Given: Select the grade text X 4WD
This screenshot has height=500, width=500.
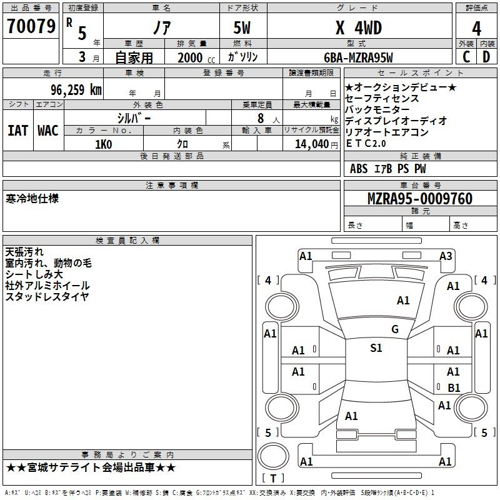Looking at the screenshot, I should click(x=358, y=28).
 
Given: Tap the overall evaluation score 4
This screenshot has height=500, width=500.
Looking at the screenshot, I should click(x=476, y=29).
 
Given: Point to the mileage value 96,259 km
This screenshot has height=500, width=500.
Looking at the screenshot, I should click(x=76, y=89).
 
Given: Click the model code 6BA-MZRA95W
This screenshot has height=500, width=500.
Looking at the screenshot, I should click(x=358, y=57).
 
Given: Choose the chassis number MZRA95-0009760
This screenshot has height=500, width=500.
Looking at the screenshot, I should click(x=419, y=199).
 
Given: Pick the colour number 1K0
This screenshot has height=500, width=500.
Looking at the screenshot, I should click(x=103, y=144).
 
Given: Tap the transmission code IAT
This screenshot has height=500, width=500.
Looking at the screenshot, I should click(x=17, y=131).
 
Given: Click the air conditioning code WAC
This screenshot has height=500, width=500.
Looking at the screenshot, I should click(x=48, y=131).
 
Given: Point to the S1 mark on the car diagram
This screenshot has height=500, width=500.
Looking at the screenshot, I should click(x=376, y=348).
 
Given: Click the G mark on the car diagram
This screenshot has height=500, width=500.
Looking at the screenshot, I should click(x=395, y=329).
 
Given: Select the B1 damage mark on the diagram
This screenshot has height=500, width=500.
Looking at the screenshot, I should click(x=454, y=387).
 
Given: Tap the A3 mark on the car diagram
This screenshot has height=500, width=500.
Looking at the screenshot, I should click(x=446, y=256).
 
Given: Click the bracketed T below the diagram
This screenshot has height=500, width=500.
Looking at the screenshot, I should click(x=273, y=478).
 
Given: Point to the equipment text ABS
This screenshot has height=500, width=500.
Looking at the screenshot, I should click(x=359, y=169).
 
